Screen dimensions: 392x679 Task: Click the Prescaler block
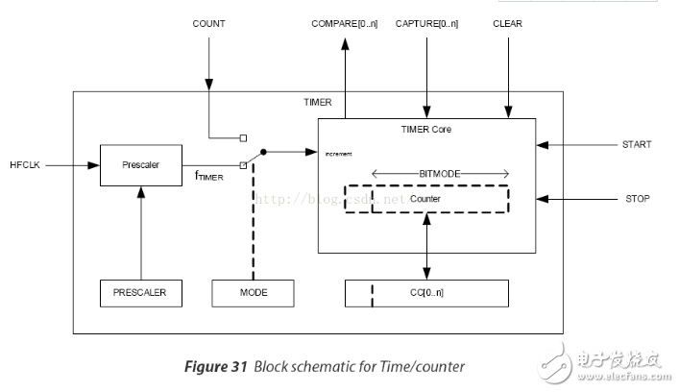click(x=141, y=164)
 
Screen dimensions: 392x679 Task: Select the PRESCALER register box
click(x=141, y=293)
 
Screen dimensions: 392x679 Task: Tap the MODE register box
click(x=253, y=293)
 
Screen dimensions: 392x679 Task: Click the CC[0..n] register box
click(x=425, y=293)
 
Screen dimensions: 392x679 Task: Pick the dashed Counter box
click(x=425, y=198)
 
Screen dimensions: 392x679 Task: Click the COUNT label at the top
click(x=208, y=23)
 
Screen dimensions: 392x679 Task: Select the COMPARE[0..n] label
click(x=345, y=23)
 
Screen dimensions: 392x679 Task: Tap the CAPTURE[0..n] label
click(x=426, y=23)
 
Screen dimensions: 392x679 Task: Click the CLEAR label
click(x=507, y=23)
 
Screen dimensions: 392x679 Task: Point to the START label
click(x=637, y=145)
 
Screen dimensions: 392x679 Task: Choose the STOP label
click(x=637, y=199)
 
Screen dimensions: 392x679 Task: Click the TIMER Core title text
click(x=425, y=128)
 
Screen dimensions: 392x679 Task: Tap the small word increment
click(x=338, y=154)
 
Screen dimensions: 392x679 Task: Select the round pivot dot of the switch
click(x=263, y=152)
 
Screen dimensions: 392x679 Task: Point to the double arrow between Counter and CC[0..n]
click(x=425, y=247)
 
